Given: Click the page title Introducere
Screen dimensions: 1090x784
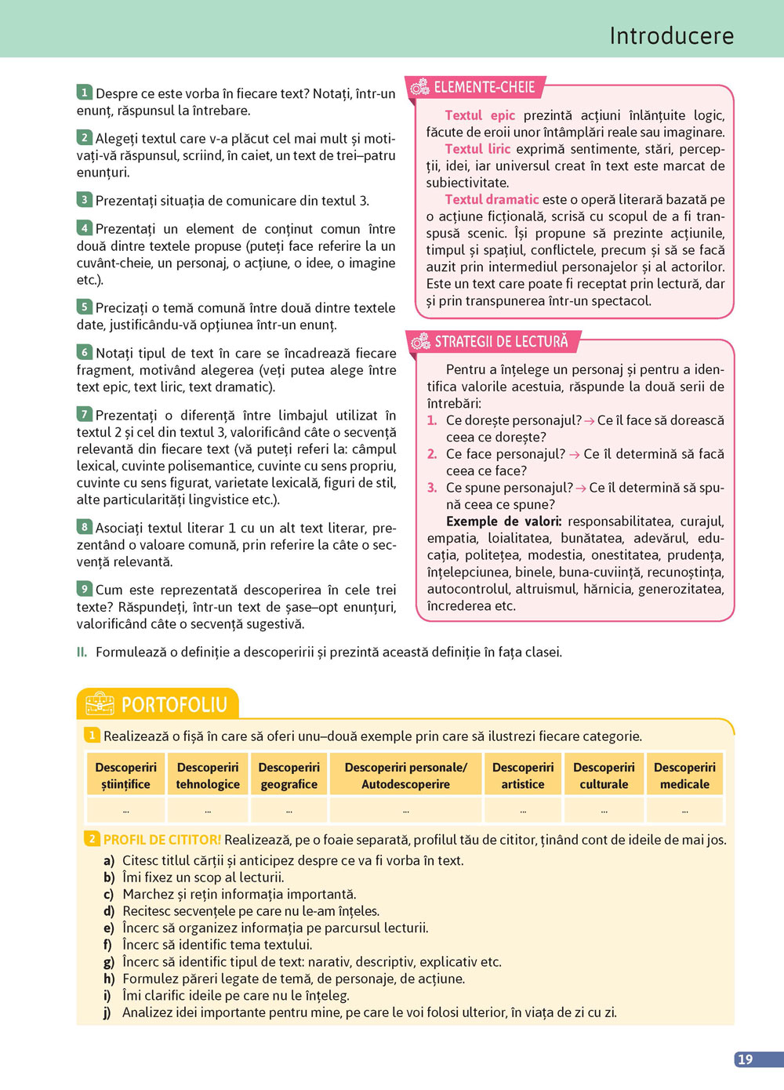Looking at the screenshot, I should click(x=671, y=36).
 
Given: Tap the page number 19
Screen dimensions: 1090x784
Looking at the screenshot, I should click(x=745, y=1059).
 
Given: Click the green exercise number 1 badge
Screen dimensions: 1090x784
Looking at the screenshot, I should click(x=84, y=93).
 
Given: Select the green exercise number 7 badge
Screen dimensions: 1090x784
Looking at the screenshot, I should click(x=84, y=414).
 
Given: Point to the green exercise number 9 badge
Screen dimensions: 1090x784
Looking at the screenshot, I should click(x=84, y=589).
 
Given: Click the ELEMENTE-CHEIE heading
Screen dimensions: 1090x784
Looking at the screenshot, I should click(x=485, y=87).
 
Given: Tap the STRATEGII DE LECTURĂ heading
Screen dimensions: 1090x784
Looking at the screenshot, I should click(x=501, y=341).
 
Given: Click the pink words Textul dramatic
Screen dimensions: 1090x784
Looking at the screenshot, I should click(x=492, y=199).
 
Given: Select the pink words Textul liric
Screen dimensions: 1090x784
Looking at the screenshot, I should click(x=477, y=149).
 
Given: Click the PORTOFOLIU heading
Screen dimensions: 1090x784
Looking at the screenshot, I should click(x=174, y=704).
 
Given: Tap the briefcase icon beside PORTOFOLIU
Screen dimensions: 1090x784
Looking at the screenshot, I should click(x=100, y=704).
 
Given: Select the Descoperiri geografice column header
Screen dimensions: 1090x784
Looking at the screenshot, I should click(x=289, y=776).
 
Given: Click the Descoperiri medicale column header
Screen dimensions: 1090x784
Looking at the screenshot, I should click(x=684, y=776).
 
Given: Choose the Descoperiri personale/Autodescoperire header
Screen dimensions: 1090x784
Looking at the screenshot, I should click(x=405, y=776).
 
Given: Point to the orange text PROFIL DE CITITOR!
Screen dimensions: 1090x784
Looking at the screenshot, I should click(x=162, y=840).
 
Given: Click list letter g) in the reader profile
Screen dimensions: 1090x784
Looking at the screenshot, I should click(x=109, y=962).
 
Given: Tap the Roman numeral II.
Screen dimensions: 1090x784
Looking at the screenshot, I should click(x=82, y=652).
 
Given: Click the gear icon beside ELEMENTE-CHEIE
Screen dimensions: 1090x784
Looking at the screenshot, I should click(x=420, y=87).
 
